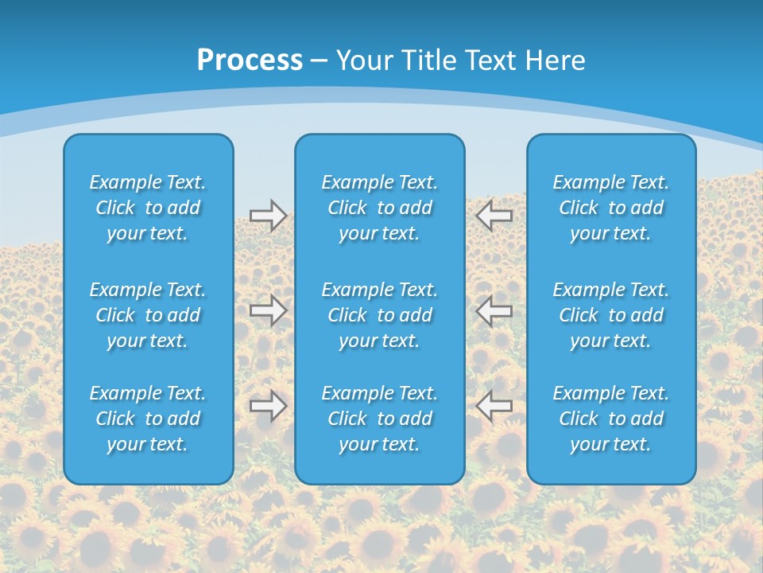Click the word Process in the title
tap(250, 60)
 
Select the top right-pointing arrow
tap(269, 216)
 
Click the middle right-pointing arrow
tap(269, 310)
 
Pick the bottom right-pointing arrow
tap(269, 406)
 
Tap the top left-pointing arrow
tap(494, 216)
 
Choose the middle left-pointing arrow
tap(494, 310)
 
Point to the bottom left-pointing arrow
tap(494, 406)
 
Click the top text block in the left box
tap(148, 208)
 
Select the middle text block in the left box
tap(148, 315)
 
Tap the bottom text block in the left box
tap(148, 419)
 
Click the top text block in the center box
tap(380, 208)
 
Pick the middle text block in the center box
tap(380, 315)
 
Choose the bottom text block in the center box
tap(380, 419)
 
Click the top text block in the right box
tap(611, 208)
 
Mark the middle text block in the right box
tap(611, 315)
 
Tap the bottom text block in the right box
tap(611, 419)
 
